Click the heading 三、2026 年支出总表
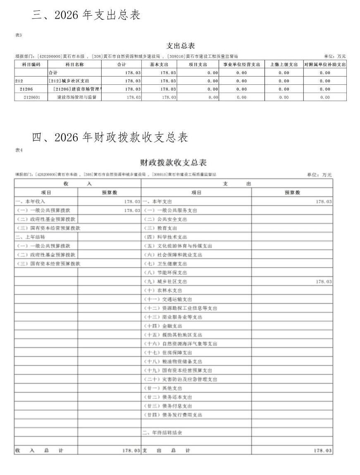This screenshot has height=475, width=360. (86, 15)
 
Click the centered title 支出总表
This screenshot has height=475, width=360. (180, 46)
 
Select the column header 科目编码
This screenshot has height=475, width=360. (31, 65)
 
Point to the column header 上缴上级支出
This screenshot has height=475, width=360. (284, 65)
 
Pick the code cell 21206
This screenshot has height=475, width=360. (26, 89)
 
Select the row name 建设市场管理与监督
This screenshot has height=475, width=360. (74, 97)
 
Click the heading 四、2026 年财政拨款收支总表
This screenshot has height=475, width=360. (110, 137)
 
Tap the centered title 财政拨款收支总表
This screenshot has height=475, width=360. (173, 162)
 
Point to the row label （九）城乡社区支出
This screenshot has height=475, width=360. (165, 281)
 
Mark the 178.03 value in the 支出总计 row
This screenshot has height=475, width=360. (323, 450)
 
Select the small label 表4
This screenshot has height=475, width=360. (19, 150)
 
